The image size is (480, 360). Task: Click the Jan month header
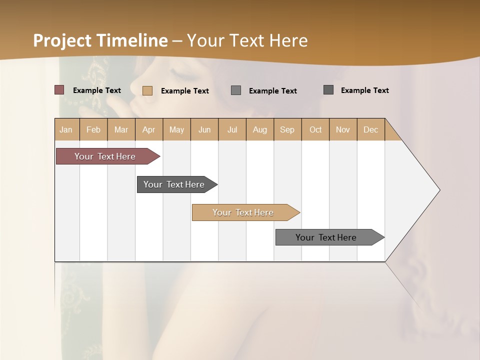pos(66,129)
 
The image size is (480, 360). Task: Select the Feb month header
pos(93,129)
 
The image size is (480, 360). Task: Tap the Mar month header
pos(121,129)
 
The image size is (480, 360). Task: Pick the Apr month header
pos(149,129)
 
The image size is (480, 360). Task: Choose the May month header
pos(176,129)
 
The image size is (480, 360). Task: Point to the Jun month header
pos(204,129)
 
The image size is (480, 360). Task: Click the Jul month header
pos(232,129)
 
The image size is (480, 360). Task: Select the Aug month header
pos(260,129)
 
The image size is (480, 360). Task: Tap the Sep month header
pos(287,129)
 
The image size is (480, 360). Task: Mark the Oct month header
pos(315,129)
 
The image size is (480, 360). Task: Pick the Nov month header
pos(343,129)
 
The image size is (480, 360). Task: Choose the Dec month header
pos(371,129)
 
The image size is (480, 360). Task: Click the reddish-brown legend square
pos(59,90)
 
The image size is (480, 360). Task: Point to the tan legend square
pos(147,90)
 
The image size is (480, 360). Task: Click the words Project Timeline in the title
pos(100,40)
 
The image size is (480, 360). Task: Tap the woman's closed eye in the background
pos(184,76)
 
